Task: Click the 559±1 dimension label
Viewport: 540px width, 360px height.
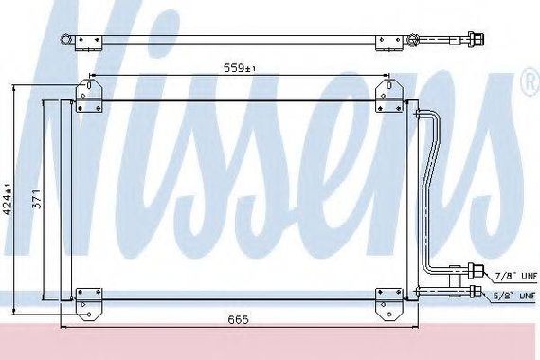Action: point(240,68)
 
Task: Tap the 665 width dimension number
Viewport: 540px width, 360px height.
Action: point(238,319)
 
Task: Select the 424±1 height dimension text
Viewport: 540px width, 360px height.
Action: point(8,199)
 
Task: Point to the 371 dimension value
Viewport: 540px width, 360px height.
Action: point(37,199)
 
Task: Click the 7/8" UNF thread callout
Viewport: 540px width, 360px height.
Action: point(516,276)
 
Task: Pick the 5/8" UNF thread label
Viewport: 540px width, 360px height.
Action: point(515,296)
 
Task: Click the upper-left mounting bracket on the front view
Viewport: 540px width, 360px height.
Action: point(89,96)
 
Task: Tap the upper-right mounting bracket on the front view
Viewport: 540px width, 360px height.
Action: point(388,96)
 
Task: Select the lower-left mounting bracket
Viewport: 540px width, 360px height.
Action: point(89,304)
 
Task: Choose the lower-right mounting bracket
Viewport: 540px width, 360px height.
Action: point(388,304)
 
